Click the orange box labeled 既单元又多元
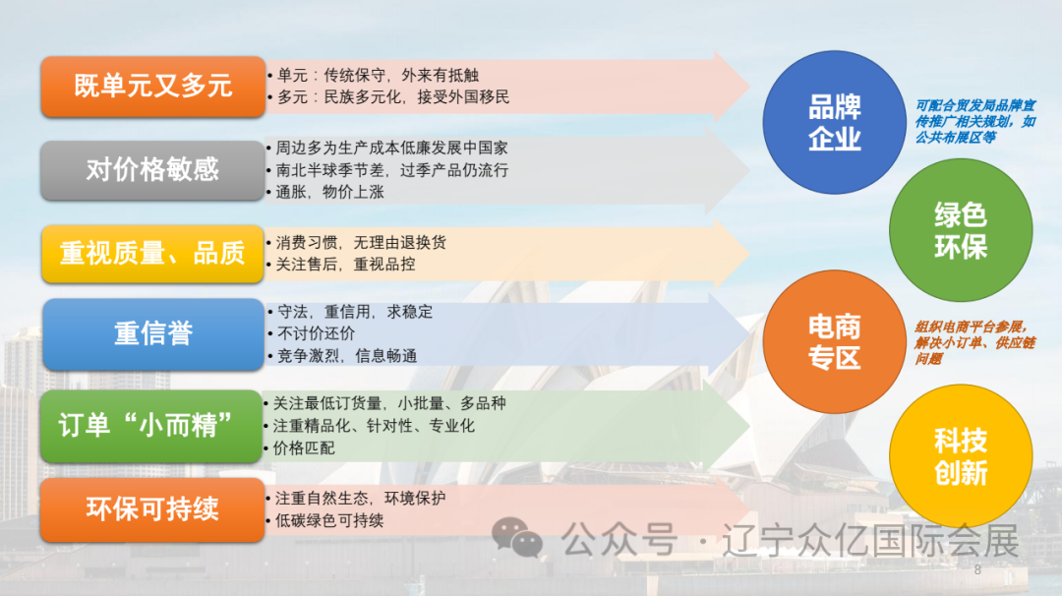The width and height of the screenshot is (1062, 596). coord(152,87)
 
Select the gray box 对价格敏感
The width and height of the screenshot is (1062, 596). coord(152,170)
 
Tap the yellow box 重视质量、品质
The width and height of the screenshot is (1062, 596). coord(152,254)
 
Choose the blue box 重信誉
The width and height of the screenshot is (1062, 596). coord(152,333)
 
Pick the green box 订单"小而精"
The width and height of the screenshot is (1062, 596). coord(152,426)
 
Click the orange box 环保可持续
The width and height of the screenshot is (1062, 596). coord(152,509)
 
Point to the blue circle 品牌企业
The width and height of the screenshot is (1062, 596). coord(834,122)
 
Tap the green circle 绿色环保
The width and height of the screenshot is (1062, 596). coord(960,230)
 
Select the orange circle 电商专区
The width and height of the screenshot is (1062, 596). coord(834,341)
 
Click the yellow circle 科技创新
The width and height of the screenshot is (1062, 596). coord(960,456)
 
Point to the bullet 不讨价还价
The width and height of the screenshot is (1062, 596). coord(317,333)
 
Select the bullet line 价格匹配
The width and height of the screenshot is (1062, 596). coord(305,447)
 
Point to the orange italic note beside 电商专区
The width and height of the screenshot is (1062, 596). coord(974,342)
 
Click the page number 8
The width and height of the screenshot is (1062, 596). coord(977,570)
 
